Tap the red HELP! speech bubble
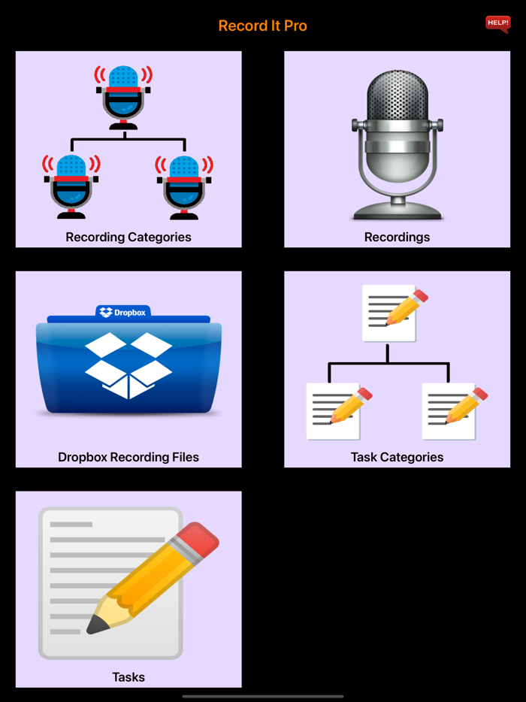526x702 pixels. click(x=497, y=24)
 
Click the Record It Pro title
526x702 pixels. click(x=262, y=26)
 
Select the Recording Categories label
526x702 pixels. click(x=128, y=238)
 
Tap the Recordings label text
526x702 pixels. click(x=397, y=238)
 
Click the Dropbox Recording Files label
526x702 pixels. click(x=128, y=457)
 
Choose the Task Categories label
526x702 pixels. click(x=397, y=457)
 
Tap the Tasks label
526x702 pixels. click(x=128, y=677)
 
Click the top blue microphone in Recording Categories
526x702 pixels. click(x=123, y=95)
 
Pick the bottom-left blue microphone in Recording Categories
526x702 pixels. click(x=71, y=183)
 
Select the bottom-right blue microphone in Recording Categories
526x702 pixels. click(x=184, y=183)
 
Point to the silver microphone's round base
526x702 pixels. click(x=398, y=210)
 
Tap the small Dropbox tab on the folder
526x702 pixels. click(x=123, y=312)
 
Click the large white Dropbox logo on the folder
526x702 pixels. click(x=128, y=365)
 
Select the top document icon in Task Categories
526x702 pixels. click(x=390, y=313)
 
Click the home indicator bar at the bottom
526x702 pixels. click(x=262, y=697)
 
